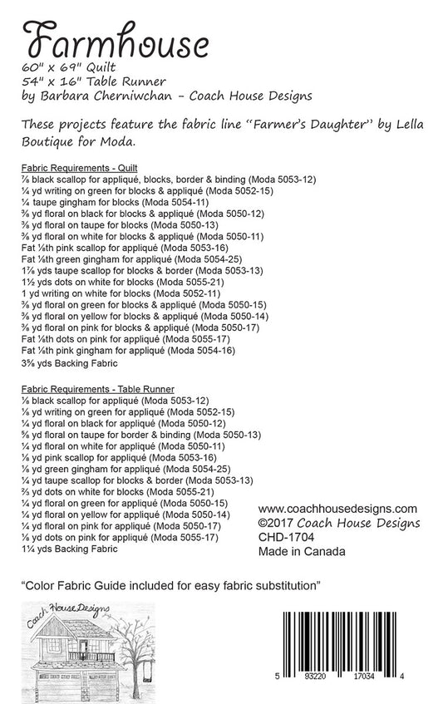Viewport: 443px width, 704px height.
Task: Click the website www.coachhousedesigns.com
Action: pos(337,509)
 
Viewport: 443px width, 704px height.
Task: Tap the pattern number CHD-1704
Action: pos(284,537)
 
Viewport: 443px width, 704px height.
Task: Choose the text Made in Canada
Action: pos(302,551)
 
